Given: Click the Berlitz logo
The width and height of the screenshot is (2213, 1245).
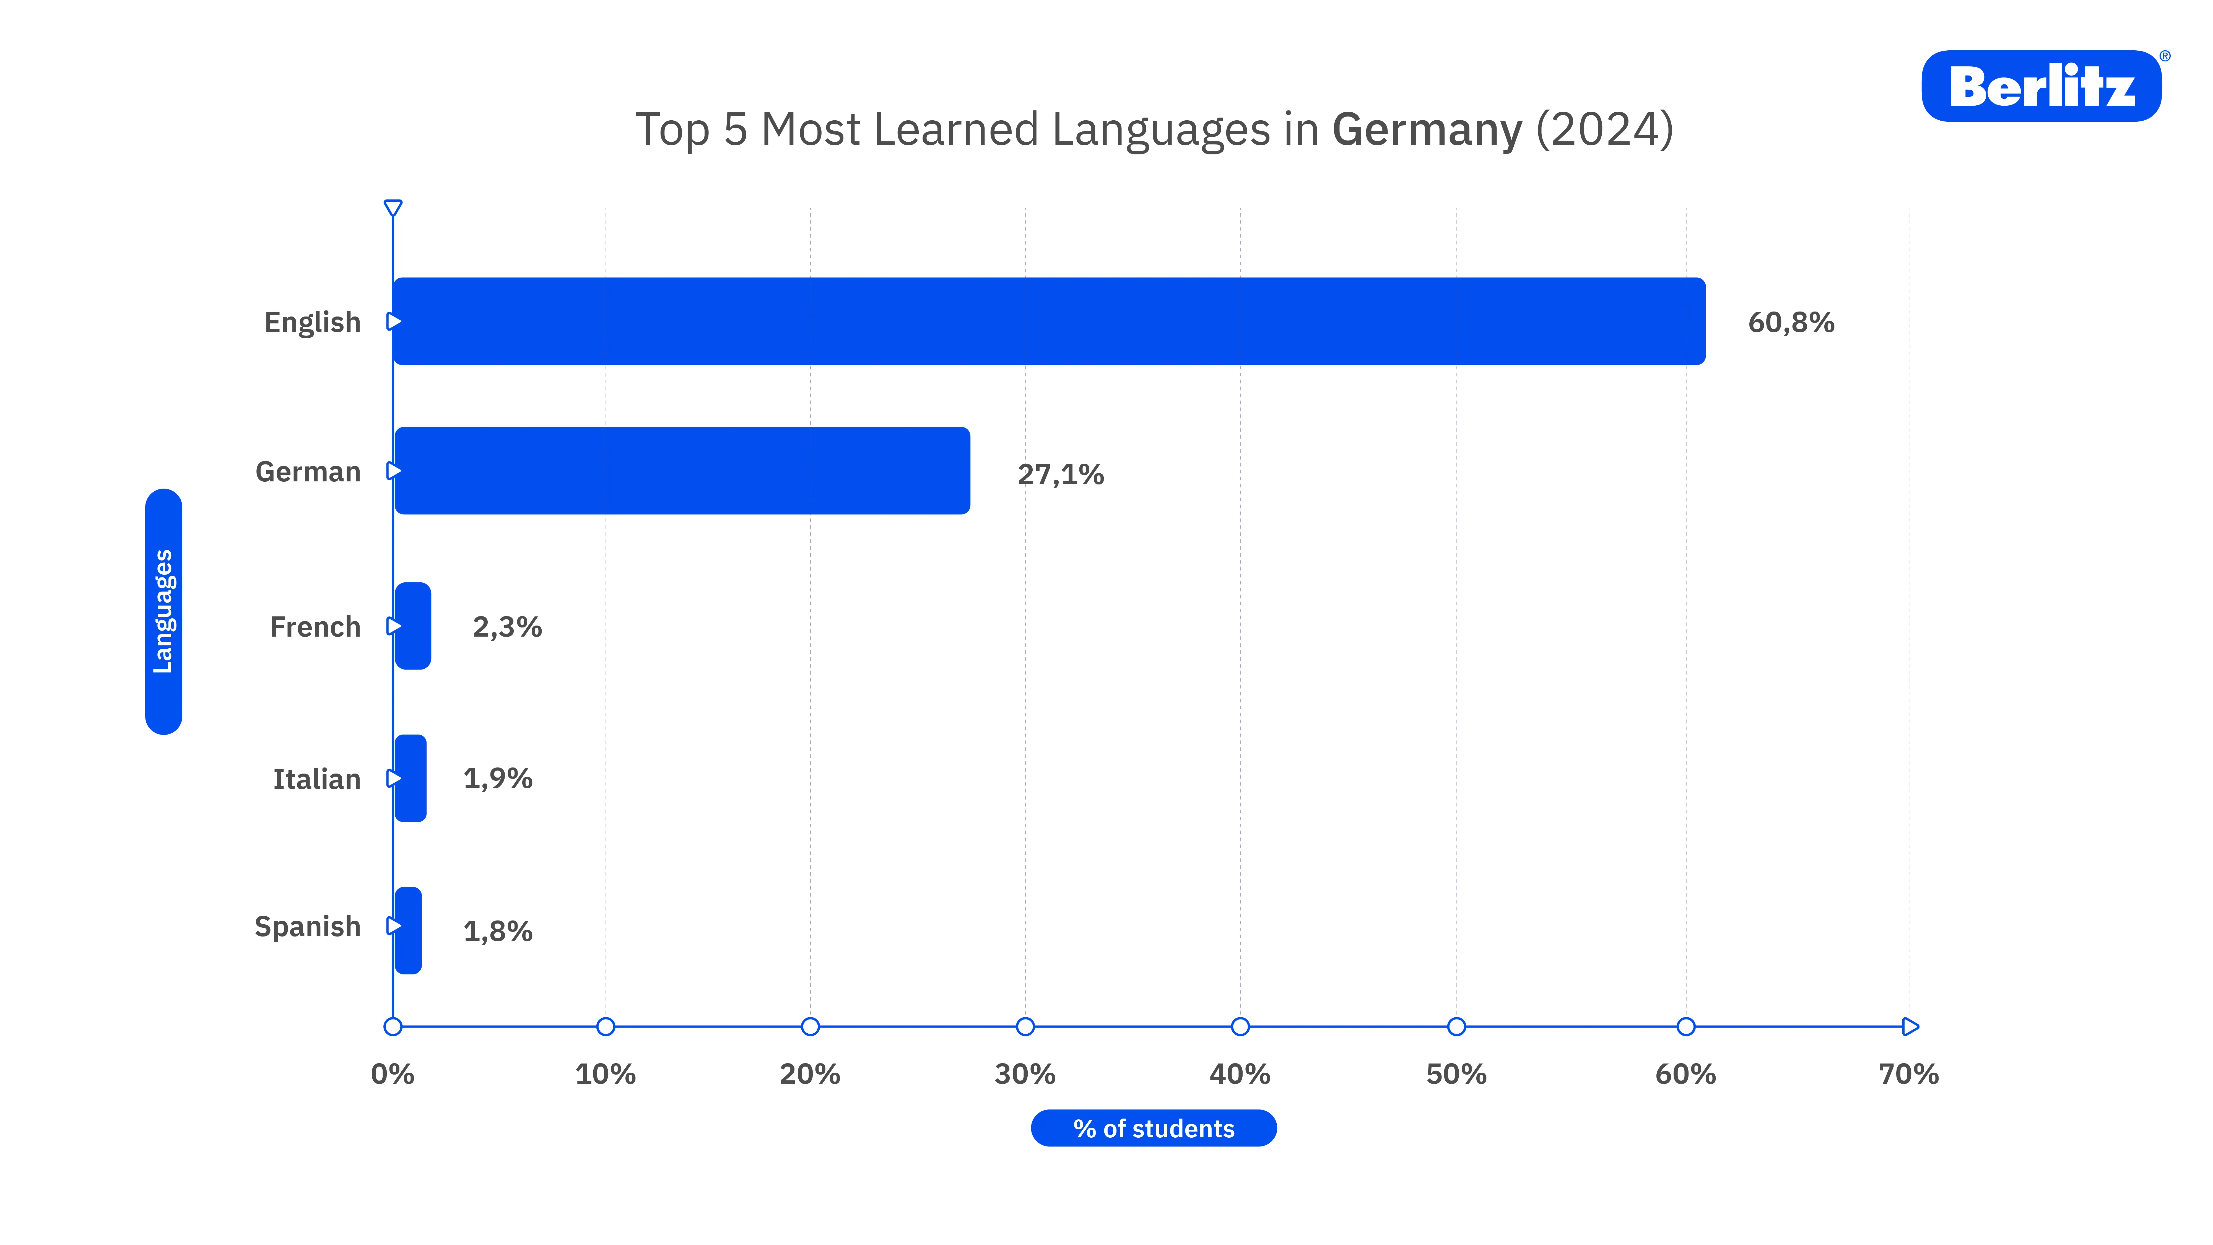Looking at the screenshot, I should [x=2041, y=86].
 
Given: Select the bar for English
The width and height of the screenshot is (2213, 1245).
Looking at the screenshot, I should [x=1048, y=321].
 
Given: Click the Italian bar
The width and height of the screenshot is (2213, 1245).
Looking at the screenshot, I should [x=411, y=779].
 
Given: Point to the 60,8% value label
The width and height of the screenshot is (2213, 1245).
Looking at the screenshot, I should [x=1791, y=322].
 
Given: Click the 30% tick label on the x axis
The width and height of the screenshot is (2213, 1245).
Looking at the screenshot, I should [x=1025, y=1074].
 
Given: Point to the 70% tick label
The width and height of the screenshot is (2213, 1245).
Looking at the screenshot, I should [x=1909, y=1074].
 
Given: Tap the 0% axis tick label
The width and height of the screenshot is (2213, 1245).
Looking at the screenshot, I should [x=393, y=1074].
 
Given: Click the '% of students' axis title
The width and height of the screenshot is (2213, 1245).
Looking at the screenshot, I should [x=1154, y=1128].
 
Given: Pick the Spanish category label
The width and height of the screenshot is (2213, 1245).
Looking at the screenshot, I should [x=308, y=926].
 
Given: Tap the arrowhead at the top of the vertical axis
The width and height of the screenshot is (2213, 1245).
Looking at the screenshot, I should [x=393, y=208].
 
